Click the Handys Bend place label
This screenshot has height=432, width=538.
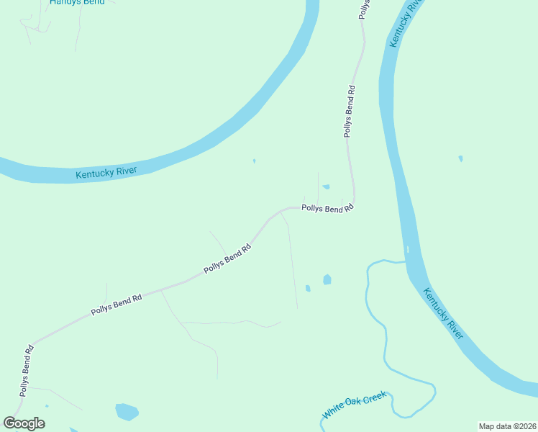pyautogui.click(x=77, y=2)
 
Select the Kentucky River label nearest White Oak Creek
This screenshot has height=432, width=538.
pyautogui.click(x=442, y=314)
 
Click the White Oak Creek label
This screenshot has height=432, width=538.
pyautogui.click(x=355, y=405)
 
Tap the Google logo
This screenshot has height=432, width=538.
pyautogui.click(x=24, y=423)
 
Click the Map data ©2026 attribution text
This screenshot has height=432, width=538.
pyautogui.click(x=507, y=426)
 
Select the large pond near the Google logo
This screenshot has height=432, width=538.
pyautogui.click(x=127, y=411)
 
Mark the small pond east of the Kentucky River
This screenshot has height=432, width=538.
pyautogui.click(x=460, y=158)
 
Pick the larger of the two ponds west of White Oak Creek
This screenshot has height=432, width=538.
pyautogui.click(x=327, y=279)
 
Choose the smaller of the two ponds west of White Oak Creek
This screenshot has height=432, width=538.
pyautogui.click(x=308, y=288)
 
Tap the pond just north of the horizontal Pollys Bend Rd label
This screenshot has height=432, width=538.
pyautogui.click(x=326, y=187)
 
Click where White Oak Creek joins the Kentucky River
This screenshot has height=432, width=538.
pyautogui.click(x=404, y=261)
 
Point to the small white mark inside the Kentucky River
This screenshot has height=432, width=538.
pyautogui.click(x=407, y=250)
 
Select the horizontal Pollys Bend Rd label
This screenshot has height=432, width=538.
pyautogui.click(x=328, y=208)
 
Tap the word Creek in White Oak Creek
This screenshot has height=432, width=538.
pyautogui.click(x=374, y=397)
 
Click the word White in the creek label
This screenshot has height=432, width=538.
pyautogui.click(x=333, y=413)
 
